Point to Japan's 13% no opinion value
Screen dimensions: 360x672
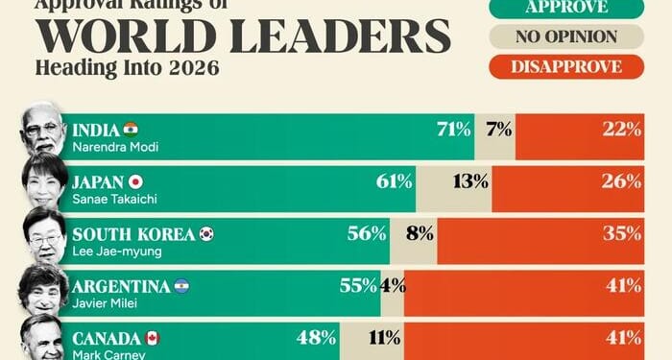tap(471, 181)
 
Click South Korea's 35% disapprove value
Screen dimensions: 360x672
tap(623, 233)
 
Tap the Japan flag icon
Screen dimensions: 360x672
tap(135, 180)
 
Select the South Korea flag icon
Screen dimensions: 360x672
tap(206, 232)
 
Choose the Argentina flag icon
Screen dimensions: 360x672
tap(181, 284)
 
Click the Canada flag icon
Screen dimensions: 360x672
tap(152, 337)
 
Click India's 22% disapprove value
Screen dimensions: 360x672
tap(623, 130)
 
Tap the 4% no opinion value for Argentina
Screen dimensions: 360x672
tap(393, 285)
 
